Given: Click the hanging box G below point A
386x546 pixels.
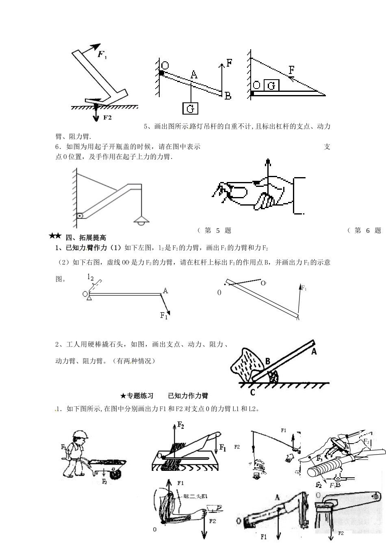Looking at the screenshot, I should pyautogui.click(x=191, y=108).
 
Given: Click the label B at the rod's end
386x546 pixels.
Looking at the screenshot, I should pyautogui.click(x=228, y=96).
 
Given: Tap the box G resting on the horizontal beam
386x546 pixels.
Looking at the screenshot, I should pyautogui.click(x=272, y=85).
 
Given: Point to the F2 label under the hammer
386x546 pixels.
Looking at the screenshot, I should pyautogui.click(x=107, y=117).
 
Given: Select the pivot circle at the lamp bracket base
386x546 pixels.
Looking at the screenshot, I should pyautogui.click(x=80, y=216).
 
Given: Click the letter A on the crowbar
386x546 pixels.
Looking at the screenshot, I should pyautogui.click(x=314, y=352).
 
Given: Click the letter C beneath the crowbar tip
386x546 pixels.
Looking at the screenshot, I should pyautogui.click(x=252, y=392).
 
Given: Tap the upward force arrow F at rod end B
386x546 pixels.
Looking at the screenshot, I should pyautogui.click(x=222, y=77).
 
